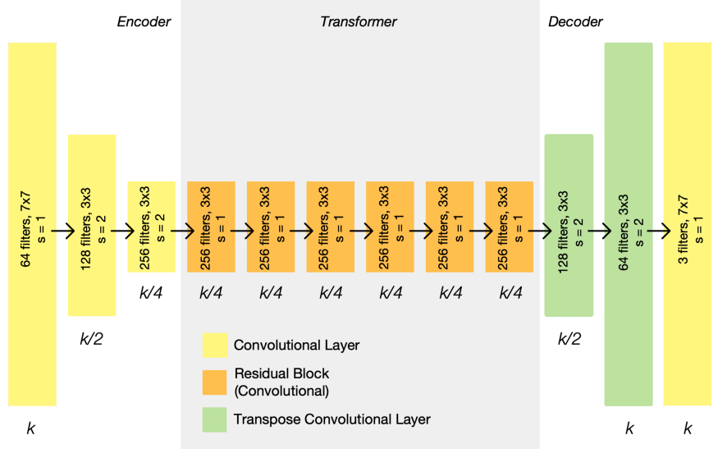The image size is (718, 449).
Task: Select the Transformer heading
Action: click(x=358, y=21)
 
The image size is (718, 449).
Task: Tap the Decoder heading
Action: click(x=575, y=21)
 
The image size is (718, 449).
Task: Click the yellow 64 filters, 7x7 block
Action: click(x=32, y=224)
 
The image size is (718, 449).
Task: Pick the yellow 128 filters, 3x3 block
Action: click(x=92, y=225)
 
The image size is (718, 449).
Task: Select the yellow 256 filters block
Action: click(x=151, y=227)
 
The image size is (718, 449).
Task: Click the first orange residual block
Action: click(x=211, y=227)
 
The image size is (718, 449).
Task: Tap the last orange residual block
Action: click(x=510, y=227)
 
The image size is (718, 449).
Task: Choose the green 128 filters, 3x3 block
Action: click(x=569, y=225)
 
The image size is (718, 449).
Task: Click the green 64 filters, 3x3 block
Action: click(x=629, y=224)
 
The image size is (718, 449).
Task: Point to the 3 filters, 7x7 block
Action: click(x=688, y=224)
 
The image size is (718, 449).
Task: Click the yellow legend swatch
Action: click(x=213, y=345)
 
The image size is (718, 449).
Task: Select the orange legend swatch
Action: click(x=213, y=381)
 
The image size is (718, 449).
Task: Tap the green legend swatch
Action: click(x=213, y=419)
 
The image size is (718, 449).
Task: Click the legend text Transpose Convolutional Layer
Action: click(x=332, y=419)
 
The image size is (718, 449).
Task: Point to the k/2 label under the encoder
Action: click(x=92, y=337)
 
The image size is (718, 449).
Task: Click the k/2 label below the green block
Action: click(x=569, y=337)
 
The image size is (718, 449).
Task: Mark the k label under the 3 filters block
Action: click(x=688, y=428)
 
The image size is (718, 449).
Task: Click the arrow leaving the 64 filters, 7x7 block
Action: click(x=62, y=232)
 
